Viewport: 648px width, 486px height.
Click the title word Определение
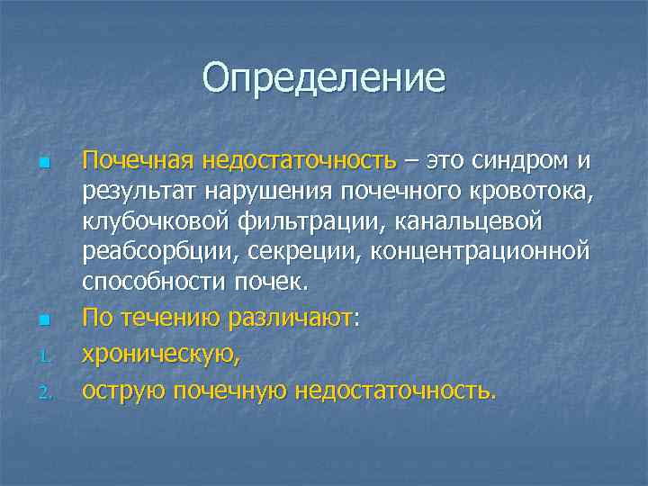(324, 77)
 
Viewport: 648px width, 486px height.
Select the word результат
(138, 191)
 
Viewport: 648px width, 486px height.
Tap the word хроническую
(160, 354)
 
